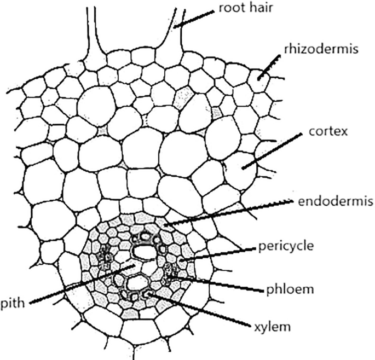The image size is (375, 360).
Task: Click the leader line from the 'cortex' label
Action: (x=274, y=148)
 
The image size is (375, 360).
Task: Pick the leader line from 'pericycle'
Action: (x=219, y=253)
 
